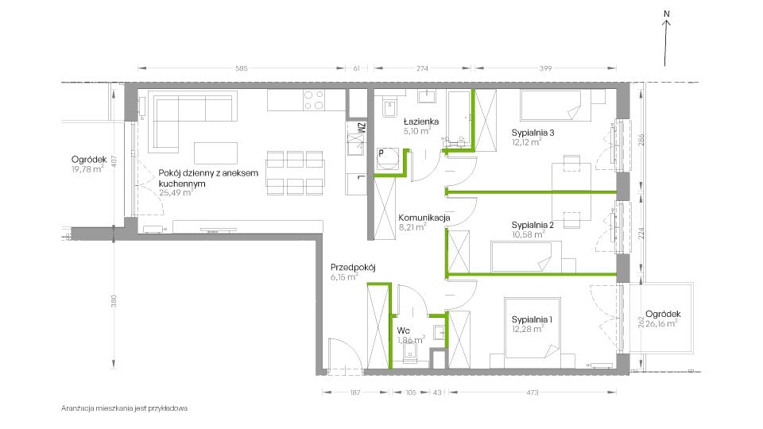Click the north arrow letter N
[x=667, y=14]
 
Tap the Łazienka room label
[x=421, y=122]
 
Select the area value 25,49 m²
[x=176, y=192]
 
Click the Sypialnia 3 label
[x=533, y=133]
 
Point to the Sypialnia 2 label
[x=533, y=225]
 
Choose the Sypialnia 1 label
[x=532, y=319]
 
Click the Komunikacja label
[x=424, y=218]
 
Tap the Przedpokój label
[x=353, y=268]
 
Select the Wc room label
[x=403, y=330]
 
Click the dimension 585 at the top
[x=242, y=68]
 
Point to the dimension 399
[x=545, y=68]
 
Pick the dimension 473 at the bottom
[x=533, y=392]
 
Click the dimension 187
[x=355, y=392]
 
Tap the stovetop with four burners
[x=314, y=100]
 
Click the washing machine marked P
[x=388, y=159]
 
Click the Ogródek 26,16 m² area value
[x=660, y=323]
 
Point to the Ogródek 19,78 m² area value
[x=87, y=169]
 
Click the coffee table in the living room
[x=215, y=153]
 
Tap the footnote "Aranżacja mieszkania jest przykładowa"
[x=124, y=408]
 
